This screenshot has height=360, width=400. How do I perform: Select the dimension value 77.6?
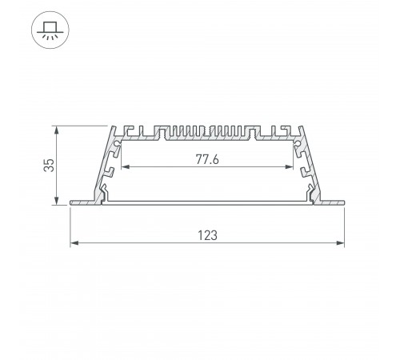[x=206, y=158]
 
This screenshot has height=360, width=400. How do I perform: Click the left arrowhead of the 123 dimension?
[x=74, y=242]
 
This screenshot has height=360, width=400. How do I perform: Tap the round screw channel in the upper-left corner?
[x=119, y=145]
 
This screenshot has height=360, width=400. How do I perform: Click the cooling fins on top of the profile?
[x=207, y=131]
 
